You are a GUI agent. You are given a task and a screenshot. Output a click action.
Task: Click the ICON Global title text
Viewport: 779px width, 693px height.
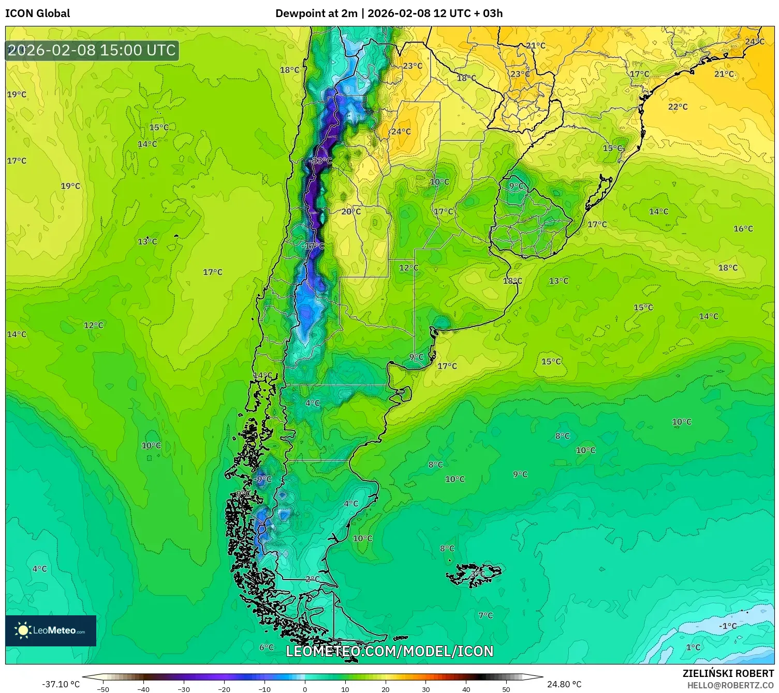pyautogui.click(x=37, y=13)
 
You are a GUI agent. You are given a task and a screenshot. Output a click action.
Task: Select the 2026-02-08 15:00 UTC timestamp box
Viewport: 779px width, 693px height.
pyautogui.click(x=92, y=50)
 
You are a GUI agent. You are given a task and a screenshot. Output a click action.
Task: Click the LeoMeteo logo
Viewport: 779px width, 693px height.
pyautogui.click(x=51, y=630)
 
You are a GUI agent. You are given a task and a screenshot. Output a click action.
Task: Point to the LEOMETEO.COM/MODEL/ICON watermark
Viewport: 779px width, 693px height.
pyautogui.click(x=389, y=651)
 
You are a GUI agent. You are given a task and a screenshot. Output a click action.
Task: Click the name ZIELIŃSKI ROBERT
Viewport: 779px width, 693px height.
pyautogui.click(x=728, y=673)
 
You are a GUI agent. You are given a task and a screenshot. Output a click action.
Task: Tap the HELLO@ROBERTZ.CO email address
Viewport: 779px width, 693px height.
pyautogui.click(x=730, y=685)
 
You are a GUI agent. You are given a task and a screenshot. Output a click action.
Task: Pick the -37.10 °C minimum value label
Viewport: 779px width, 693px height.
pyautogui.click(x=61, y=684)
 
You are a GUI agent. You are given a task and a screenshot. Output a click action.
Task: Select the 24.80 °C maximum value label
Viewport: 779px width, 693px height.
pyautogui.click(x=564, y=684)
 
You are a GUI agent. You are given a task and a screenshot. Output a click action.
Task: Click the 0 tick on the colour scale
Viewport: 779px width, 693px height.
pyautogui.click(x=305, y=689)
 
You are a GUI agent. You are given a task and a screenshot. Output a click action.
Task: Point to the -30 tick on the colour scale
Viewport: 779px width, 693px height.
pyautogui.click(x=184, y=689)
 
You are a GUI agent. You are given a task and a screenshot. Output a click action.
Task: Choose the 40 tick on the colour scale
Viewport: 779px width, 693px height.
pyautogui.click(x=466, y=689)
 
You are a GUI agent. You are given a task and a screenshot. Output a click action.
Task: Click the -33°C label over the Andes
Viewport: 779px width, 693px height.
pyautogui.click(x=320, y=161)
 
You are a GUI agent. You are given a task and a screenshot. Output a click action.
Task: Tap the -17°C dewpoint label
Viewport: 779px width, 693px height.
pyautogui.click(x=313, y=246)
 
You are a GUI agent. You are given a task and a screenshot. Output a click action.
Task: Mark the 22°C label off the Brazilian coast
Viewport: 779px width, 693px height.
pyautogui.click(x=678, y=107)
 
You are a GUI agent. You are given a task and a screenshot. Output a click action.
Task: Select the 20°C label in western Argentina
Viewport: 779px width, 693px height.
pyautogui.click(x=351, y=211)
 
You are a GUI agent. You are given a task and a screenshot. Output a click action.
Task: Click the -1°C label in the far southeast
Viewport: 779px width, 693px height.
pyautogui.click(x=727, y=626)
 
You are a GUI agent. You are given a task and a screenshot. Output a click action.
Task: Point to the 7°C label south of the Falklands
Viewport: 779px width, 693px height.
pyautogui.click(x=486, y=615)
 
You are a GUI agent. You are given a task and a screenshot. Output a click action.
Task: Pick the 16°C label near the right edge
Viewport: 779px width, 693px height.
pyautogui.click(x=743, y=228)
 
